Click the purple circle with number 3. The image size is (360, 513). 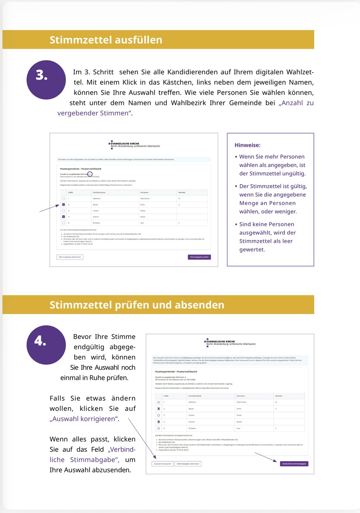coord(46,80)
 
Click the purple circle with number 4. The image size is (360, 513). coord(46,345)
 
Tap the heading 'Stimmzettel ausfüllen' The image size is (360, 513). coord(106,40)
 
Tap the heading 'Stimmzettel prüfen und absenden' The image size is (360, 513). coord(137,305)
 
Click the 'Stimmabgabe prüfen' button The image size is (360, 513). coord(199,257)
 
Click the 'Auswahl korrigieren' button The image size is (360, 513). coord(163,464)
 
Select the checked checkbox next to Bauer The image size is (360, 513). coord(64,205)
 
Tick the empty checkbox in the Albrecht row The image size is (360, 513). coord(64,199)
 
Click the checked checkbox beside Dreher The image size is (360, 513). coord(64,217)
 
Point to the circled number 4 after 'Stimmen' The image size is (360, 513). coord(90,174)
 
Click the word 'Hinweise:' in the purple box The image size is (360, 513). coord(247,145)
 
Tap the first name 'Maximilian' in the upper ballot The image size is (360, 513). coord(145,199)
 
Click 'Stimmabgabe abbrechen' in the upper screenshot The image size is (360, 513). coord(70,257)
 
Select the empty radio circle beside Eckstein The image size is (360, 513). coord(158,429)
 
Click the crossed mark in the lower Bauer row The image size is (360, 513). coord(158,409)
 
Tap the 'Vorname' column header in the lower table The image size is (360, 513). coord(241,396)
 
